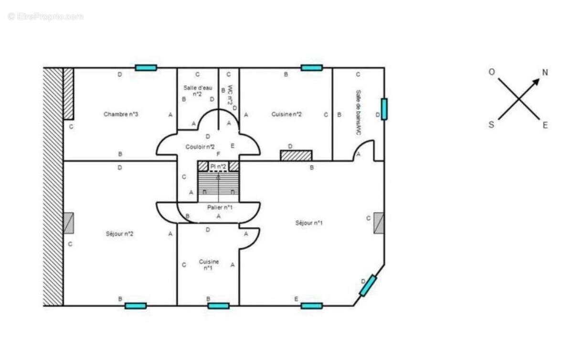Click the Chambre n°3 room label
121,114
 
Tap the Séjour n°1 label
309,223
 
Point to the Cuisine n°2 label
286,114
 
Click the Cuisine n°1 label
209,265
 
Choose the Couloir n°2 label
200,147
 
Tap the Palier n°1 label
220,207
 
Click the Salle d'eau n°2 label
197,91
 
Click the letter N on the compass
545,73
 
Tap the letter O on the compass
491,72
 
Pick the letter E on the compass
545,126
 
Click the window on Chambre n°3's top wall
146,68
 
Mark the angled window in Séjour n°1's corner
368,286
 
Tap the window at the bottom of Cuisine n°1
218,306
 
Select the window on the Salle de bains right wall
384,109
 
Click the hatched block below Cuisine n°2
296,156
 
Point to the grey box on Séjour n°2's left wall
68,223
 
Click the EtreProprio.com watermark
45,16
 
